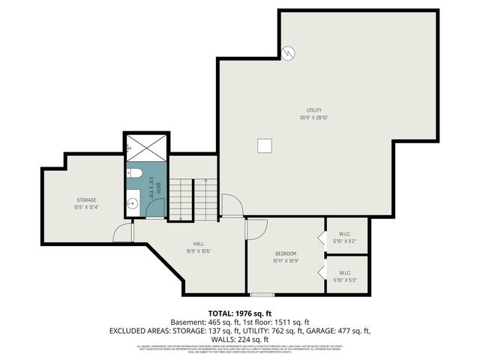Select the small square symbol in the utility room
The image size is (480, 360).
264,146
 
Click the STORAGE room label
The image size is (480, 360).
85,200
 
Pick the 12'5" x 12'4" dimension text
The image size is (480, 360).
85,207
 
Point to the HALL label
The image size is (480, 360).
199,244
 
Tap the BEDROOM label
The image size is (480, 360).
285,253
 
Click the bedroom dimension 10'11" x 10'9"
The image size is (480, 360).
285,261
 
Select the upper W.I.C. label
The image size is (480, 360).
345,232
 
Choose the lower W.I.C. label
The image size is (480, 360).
345,273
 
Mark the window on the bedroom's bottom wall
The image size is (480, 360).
262,294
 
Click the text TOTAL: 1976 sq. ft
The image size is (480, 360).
239,313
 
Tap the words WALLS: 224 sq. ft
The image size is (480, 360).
239,339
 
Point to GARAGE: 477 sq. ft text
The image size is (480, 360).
335,330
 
